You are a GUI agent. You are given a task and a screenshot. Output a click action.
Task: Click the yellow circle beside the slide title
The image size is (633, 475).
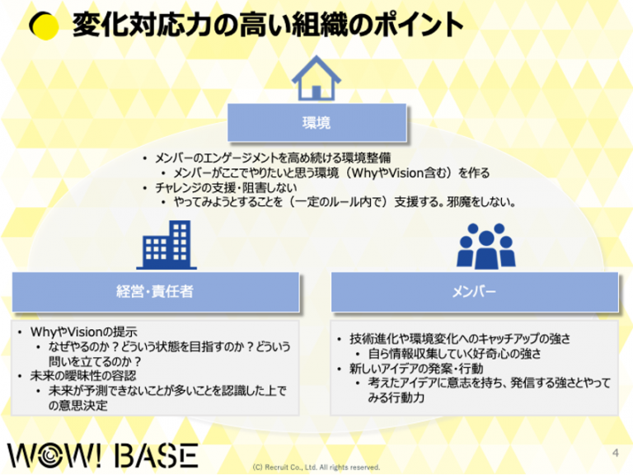click(x=45, y=26)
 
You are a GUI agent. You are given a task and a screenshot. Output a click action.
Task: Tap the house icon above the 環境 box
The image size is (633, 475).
click(x=316, y=78)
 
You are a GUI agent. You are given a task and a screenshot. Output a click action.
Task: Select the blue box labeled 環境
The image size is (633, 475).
click(x=316, y=122)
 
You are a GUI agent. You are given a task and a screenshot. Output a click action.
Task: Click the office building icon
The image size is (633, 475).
click(x=166, y=245)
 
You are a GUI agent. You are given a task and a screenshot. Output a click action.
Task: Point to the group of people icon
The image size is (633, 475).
click(x=486, y=246)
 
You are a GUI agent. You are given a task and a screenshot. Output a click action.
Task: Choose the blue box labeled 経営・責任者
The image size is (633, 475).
click(x=156, y=292)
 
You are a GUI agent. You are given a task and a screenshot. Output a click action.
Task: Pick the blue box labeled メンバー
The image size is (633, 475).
click(x=475, y=292)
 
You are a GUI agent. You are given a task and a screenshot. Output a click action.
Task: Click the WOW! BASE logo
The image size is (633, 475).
click(x=103, y=456)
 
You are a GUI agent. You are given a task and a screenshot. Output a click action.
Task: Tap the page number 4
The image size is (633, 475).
click(x=615, y=453)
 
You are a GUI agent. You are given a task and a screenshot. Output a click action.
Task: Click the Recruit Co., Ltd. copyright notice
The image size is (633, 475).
click(x=316, y=468)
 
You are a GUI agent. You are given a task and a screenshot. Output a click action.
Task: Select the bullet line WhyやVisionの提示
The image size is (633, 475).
click(x=83, y=332)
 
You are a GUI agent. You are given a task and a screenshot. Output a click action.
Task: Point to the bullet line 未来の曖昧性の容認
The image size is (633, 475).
click(x=83, y=376)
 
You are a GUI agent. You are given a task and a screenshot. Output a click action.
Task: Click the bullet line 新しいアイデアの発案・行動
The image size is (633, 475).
click(x=416, y=369)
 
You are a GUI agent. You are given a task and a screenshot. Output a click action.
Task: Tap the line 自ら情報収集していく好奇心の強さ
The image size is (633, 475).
click(x=455, y=354)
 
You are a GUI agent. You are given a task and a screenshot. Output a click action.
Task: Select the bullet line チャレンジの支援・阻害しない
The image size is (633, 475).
click(x=226, y=187)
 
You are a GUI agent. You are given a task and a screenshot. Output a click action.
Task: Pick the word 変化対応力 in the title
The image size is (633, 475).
click(x=143, y=25)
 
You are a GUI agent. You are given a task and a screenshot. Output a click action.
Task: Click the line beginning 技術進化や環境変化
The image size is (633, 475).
click(x=460, y=338)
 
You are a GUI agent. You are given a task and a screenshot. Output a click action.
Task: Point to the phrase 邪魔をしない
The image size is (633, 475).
click(x=481, y=201)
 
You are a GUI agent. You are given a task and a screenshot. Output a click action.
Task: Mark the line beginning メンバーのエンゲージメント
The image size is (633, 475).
click(x=273, y=158)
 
